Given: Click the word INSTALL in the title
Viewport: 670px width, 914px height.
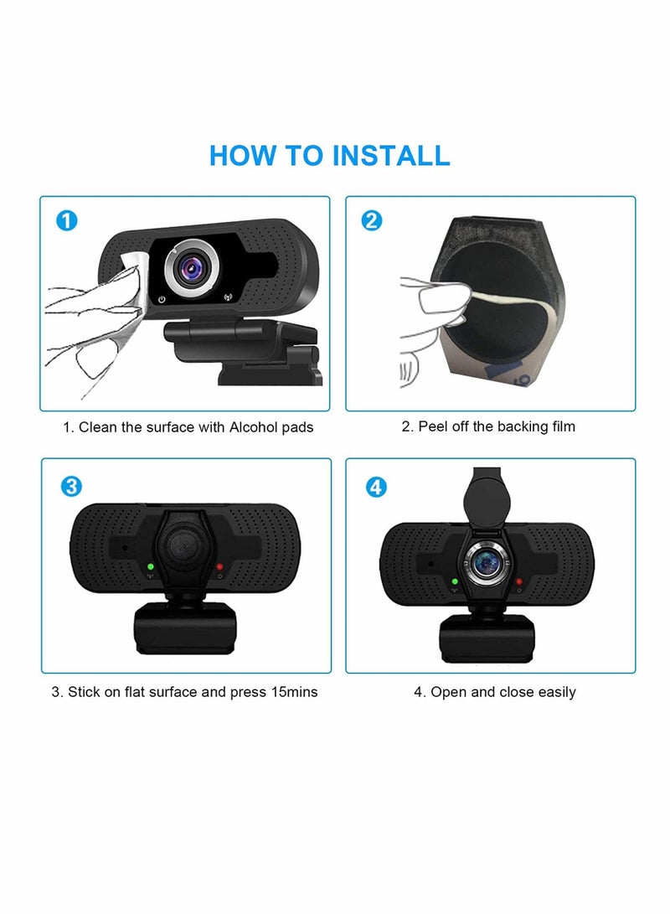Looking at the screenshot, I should pos(391,155).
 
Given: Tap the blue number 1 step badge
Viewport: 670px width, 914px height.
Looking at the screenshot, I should pos(67,221).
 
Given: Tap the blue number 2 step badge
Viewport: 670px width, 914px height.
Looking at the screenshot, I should pos(372,221).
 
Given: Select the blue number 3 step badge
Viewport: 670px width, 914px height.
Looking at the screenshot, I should pos(71,486).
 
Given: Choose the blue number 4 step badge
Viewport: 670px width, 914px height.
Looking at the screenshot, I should pos(377,486).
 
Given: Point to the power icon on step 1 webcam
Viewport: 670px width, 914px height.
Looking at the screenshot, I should pos(160,297).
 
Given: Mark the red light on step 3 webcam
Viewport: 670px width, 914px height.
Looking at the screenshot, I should pos(219,567).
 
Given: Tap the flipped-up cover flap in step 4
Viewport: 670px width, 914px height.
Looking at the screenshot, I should pos(491,494).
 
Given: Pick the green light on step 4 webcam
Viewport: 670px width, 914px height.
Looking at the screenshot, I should pos(455,581).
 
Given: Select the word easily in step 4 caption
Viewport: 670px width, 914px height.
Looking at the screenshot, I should pos(554,692).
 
